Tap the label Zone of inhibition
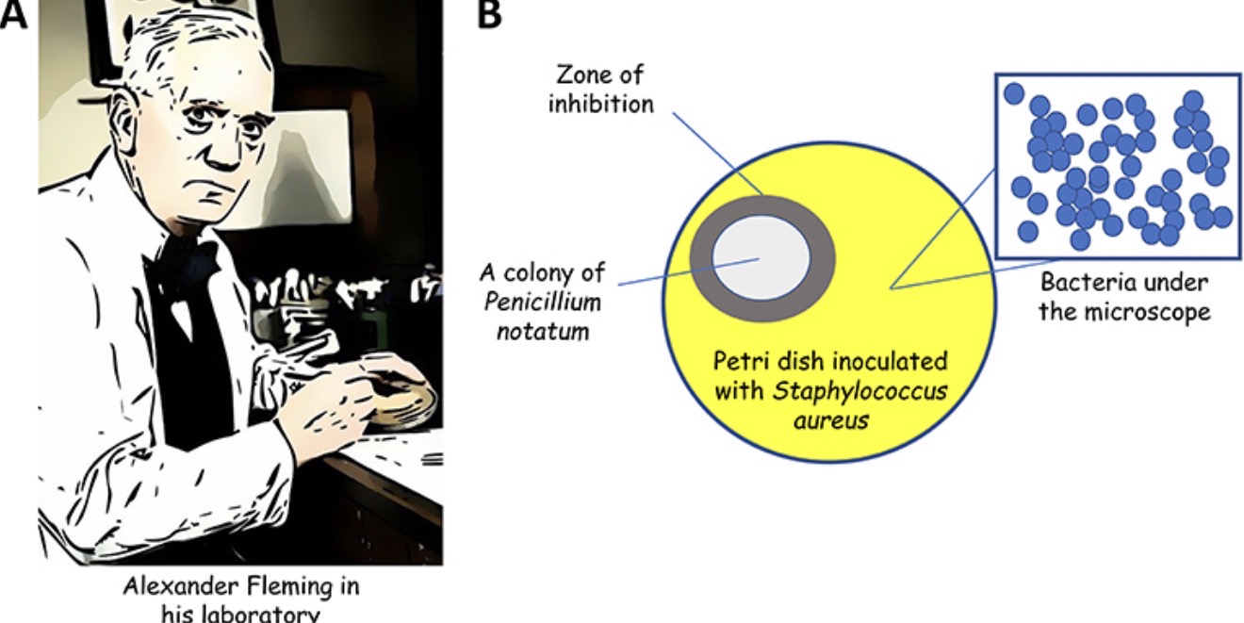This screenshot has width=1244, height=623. [601, 90]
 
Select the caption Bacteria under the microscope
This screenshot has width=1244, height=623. [1123, 297]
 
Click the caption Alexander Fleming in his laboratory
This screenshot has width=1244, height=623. [241, 599]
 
